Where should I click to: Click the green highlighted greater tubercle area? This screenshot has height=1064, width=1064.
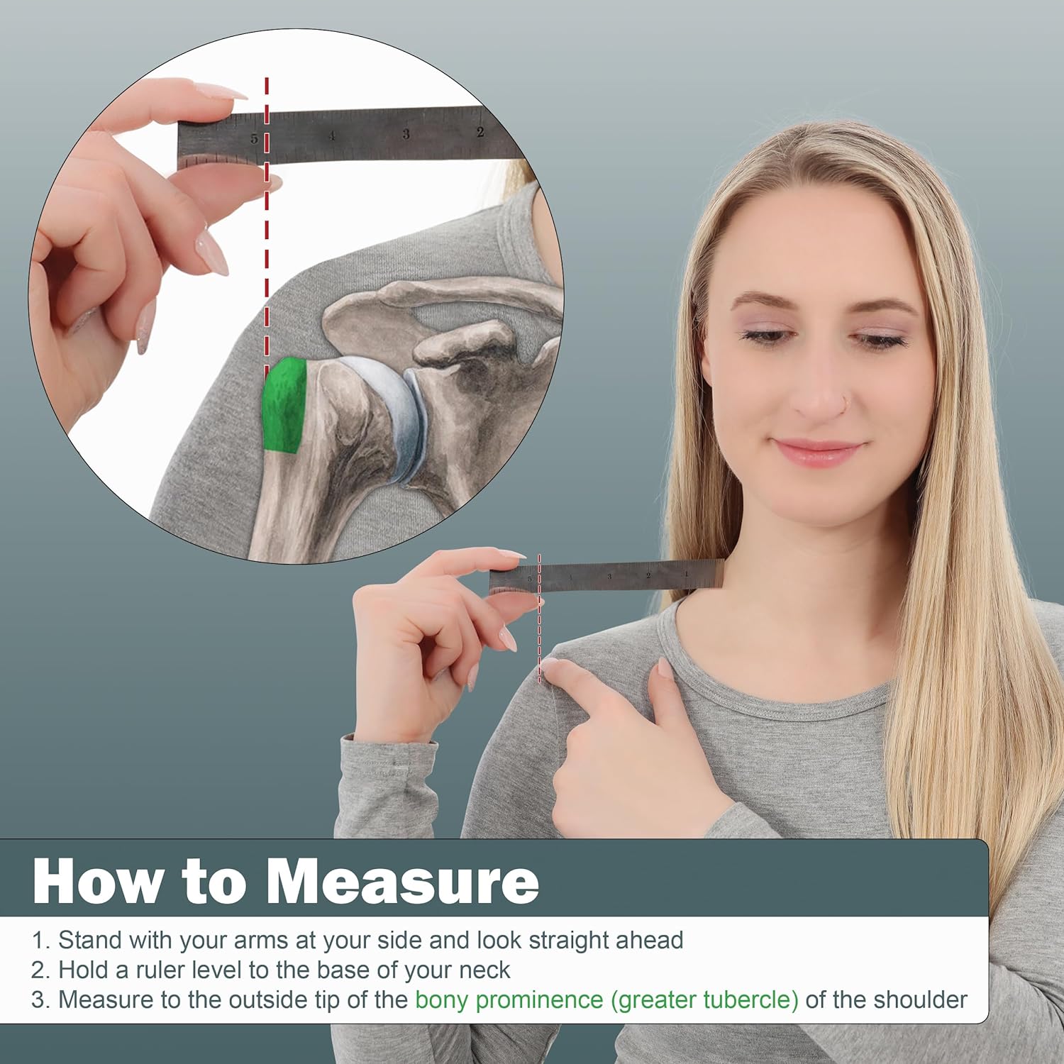(x=285, y=406)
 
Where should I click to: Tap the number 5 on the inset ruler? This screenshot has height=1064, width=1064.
(x=254, y=138)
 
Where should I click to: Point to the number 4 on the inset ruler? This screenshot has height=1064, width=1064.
(x=331, y=135)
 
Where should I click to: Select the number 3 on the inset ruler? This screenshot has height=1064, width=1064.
(x=406, y=133)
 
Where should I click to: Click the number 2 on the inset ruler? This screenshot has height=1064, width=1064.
(x=480, y=132)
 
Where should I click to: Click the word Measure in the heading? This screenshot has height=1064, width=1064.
(x=402, y=882)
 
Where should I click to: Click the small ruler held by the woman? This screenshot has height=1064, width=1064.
(x=606, y=575)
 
